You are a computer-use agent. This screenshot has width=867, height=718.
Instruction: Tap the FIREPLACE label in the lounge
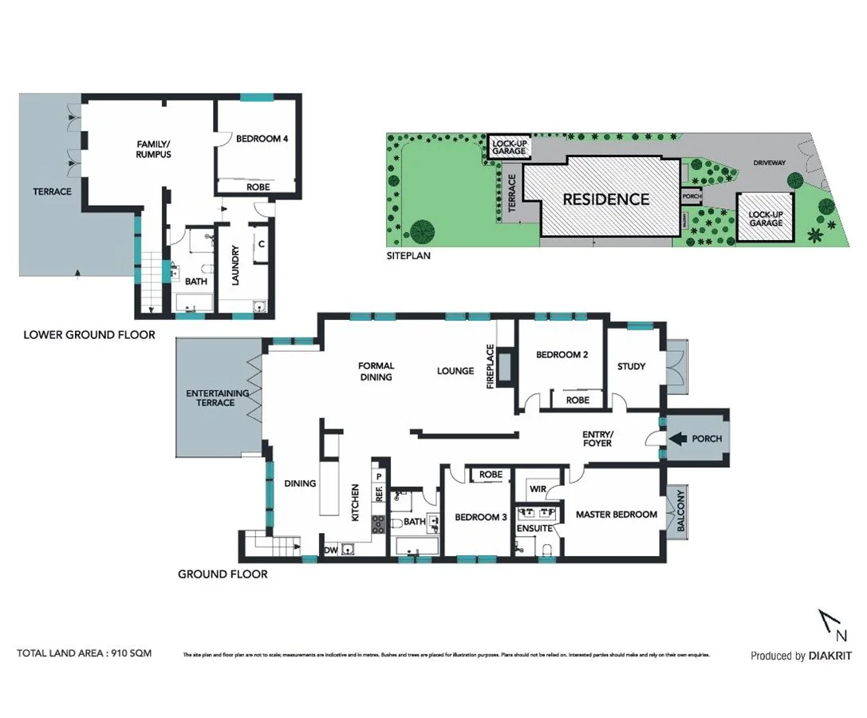[x=491, y=366]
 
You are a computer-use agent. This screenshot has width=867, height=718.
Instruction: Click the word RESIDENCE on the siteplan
[x=606, y=199]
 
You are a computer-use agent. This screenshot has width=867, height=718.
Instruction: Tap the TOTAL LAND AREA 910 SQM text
[x=84, y=653]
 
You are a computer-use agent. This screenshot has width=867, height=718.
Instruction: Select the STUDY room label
[x=631, y=366]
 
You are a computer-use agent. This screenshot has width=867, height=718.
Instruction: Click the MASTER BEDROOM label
[x=617, y=515]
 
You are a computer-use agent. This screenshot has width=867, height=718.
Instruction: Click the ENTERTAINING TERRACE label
[x=217, y=398]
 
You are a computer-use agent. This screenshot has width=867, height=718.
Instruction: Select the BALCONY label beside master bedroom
[x=680, y=512]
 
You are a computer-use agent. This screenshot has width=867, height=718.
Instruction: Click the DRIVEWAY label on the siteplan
[x=770, y=163]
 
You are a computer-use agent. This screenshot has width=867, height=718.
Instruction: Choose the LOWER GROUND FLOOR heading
[x=89, y=334]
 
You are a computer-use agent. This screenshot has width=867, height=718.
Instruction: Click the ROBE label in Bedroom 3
[x=491, y=475]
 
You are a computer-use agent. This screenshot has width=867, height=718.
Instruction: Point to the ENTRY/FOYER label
[x=597, y=438]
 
